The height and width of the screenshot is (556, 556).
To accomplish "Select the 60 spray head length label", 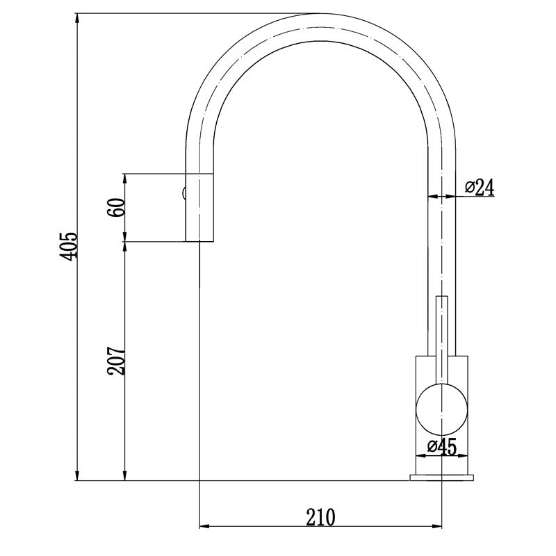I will coord(117,207).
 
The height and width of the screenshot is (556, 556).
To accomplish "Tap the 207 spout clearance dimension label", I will coord(117,361).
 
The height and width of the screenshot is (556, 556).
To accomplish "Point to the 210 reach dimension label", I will coord(320,517).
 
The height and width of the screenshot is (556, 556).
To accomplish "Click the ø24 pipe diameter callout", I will coord(479,187).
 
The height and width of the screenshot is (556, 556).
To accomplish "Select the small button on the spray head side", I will coord(183,194).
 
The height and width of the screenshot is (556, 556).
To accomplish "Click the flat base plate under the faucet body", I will coord(442,477).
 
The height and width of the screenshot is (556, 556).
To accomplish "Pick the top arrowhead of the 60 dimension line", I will coord(124,178).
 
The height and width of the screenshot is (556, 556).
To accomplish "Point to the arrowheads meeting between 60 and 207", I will coord(124,242).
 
